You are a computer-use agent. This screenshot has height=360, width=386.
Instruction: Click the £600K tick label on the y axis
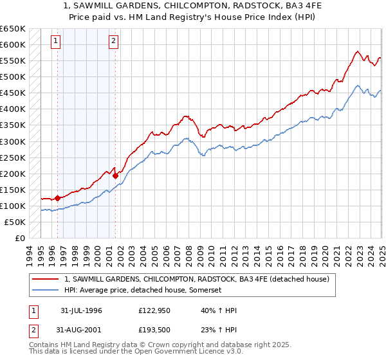[13, 45]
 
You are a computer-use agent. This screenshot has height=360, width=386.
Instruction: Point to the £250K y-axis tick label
[13, 157]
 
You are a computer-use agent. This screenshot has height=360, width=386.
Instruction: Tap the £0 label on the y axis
[19, 239]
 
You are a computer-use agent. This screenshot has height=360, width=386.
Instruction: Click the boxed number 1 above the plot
[56, 42]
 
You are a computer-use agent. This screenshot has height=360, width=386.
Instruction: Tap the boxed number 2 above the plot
[113, 42]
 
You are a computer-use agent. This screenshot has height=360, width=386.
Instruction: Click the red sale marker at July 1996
[57, 198]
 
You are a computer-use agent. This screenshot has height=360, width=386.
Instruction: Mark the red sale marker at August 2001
[115, 175]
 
